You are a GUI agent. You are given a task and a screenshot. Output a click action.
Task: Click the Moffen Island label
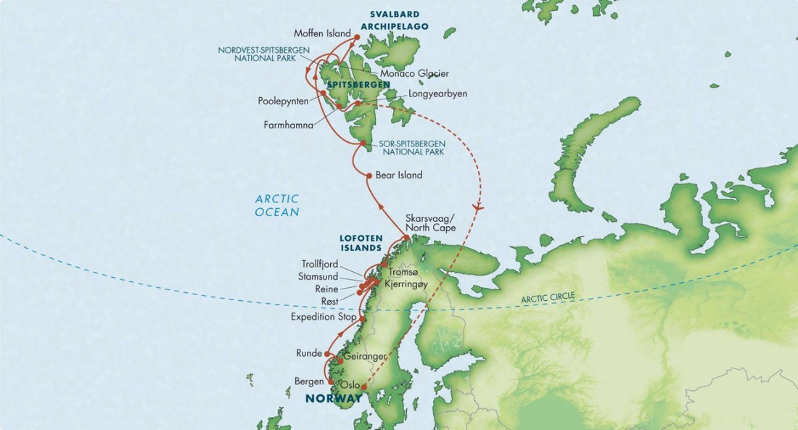(322, 33)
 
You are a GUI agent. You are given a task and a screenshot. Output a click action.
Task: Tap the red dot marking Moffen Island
(356, 34)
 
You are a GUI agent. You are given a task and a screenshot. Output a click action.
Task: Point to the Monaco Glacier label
(414, 73)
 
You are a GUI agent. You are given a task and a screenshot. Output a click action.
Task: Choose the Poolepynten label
(282, 101)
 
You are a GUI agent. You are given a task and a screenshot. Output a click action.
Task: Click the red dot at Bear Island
(369, 175)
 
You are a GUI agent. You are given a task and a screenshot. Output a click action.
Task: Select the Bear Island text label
(399, 175)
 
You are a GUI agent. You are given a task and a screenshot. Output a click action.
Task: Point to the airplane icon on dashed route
(477, 207)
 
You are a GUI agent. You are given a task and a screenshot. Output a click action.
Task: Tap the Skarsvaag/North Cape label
(432, 223)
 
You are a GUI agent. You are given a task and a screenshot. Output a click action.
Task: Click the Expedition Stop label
(323, 318)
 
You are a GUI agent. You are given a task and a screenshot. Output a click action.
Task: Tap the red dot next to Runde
(327, 354)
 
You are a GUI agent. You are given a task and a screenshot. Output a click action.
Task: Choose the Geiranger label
(366, 357)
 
